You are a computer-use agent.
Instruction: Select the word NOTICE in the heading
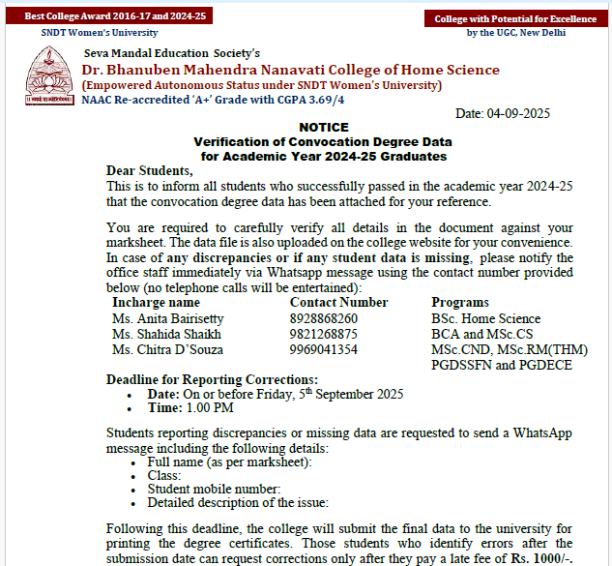pyautogui.click(x=324, y=127)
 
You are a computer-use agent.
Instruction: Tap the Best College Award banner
pyautogui.click(x=108, y=16)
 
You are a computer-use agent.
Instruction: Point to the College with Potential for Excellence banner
pyautogui.click(x=516, y=19)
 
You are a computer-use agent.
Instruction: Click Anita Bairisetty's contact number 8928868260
pyautogui.click(x=324, y=318)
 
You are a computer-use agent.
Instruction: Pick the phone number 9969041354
pyautogui.click(x=324, y=349)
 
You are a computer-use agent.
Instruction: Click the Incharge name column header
pyautogui.click(x=156, y=303)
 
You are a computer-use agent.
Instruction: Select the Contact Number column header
pyautogui.click(x=338, y=303)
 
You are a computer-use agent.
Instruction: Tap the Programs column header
pyautogui.click(x=460, y=303)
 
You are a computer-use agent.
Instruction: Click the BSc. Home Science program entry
pyautogui.click(x=486, y=318)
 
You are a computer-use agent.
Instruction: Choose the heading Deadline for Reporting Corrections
pyautogui.click(x=212, y=379)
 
